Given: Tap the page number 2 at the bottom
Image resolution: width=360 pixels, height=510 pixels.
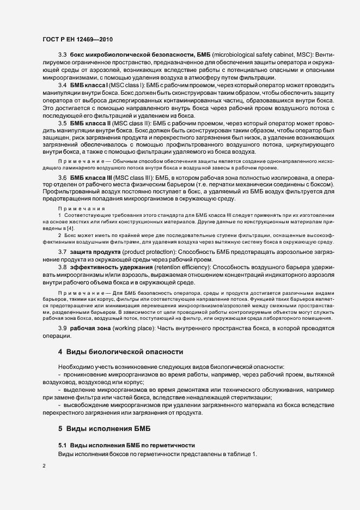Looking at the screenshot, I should coord(44,466).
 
